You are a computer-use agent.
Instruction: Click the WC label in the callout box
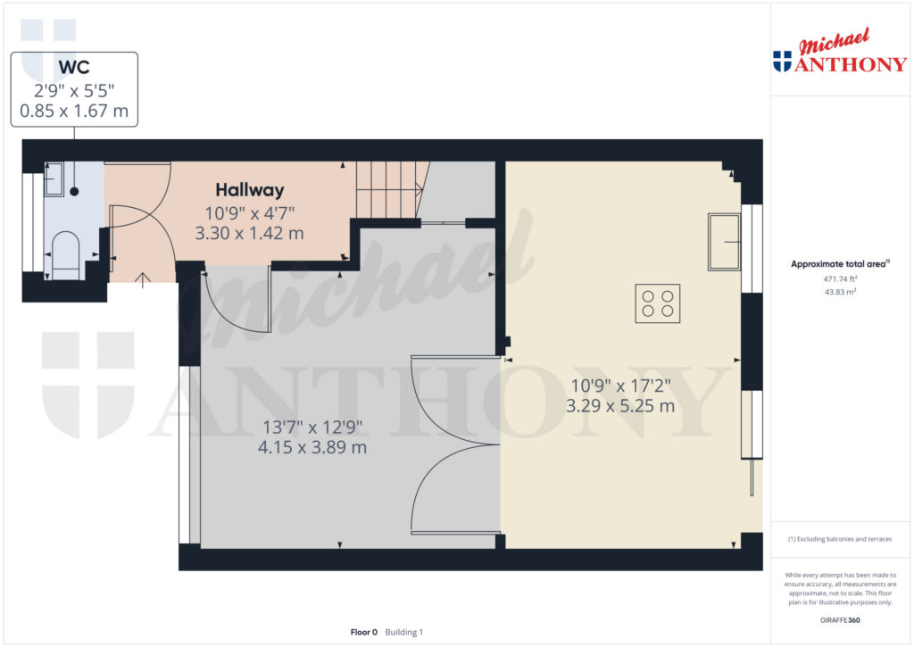click(74, 68)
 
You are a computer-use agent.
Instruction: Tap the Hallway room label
click(250, 190)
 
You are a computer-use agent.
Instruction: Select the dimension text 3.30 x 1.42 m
click(249, 233)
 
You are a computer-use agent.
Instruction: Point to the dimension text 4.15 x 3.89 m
click(312, 447)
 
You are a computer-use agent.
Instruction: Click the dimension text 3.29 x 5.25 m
click(620, 406)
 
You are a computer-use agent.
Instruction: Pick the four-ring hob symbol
click(658, 303)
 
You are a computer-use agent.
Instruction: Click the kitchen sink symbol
click(724, 242)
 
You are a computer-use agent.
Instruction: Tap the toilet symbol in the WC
click(65, 255)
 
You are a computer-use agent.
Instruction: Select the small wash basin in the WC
click(54, 179)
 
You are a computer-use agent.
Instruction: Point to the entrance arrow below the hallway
click(142, 280)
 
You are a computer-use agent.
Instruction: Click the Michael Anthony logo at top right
click(839, 51)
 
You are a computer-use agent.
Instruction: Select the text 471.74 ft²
click(840, 279)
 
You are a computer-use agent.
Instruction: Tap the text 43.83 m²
click(840, 292)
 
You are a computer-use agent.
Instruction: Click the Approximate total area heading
click(840, 264)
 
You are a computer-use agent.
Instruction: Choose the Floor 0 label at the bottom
click(364, 633)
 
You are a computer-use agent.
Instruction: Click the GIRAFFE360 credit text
click(840, 620)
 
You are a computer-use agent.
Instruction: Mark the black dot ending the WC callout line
click(74, 191)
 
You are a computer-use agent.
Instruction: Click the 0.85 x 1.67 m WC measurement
click(74, 111)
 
